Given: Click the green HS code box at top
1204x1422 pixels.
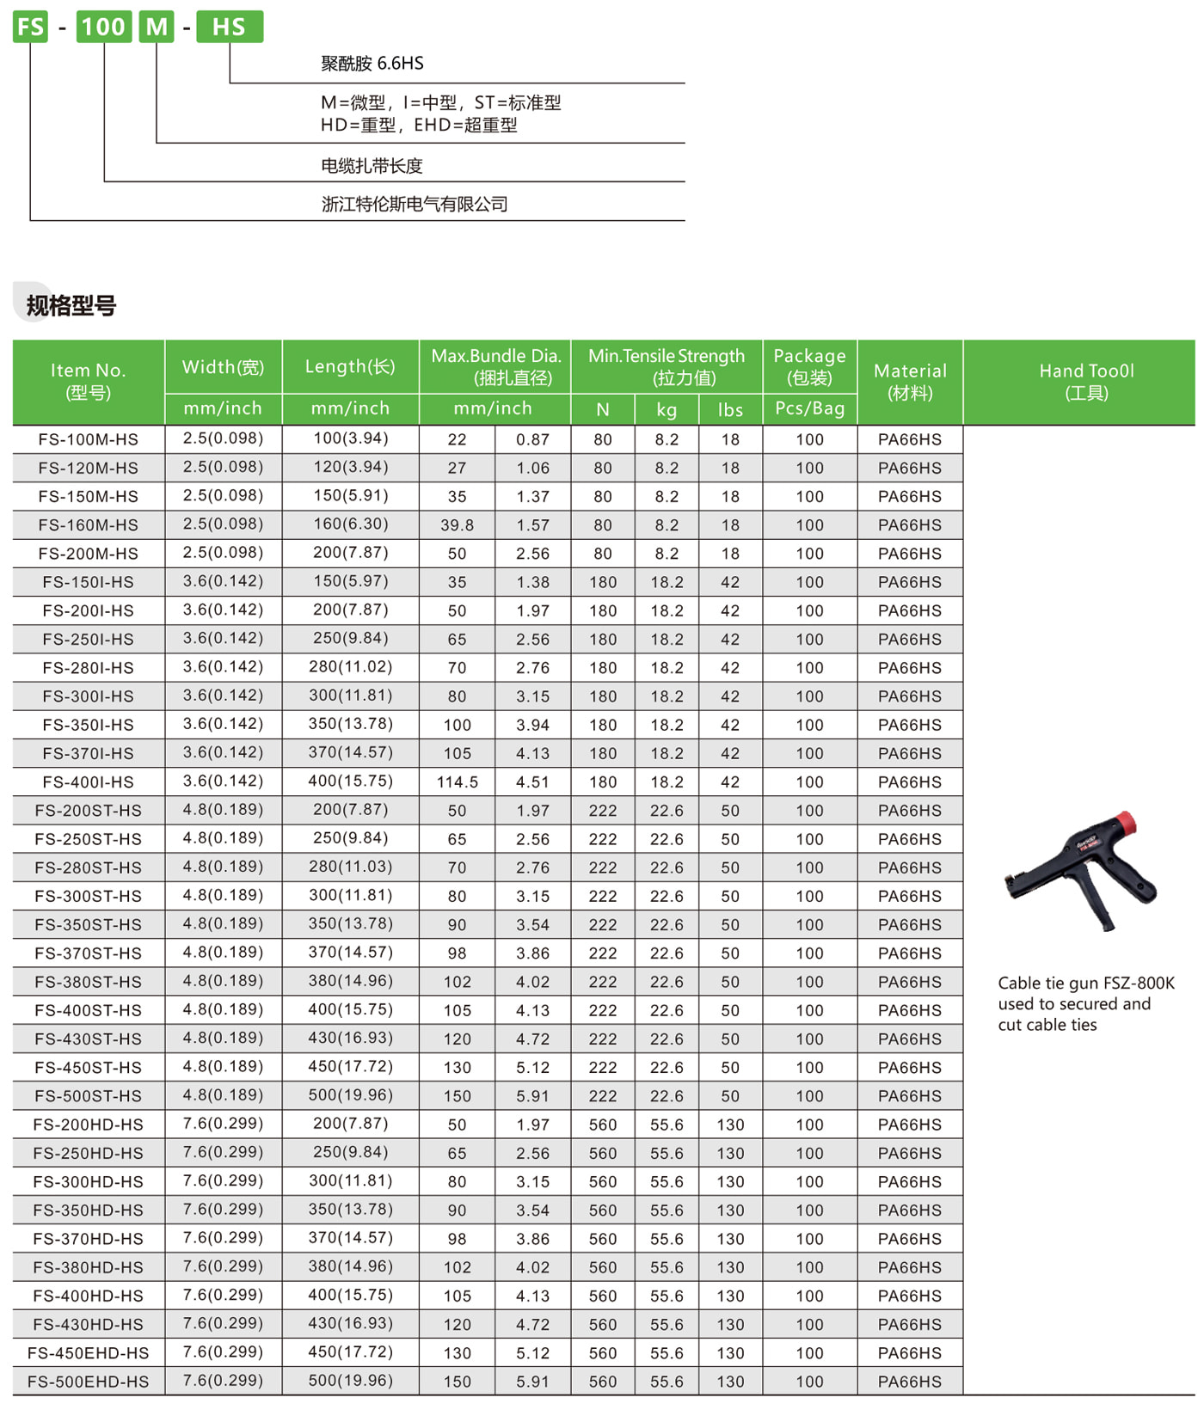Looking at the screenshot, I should point(229,27).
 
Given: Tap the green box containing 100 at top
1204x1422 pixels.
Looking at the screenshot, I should point(103,27).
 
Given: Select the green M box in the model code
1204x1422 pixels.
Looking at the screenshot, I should point(157,27).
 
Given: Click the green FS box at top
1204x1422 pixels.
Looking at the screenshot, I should point(30,27).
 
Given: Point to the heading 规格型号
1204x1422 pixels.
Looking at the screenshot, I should point(71,305).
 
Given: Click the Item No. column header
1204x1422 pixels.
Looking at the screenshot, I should point(88,381).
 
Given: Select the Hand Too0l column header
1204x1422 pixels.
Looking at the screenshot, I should point(1086,381).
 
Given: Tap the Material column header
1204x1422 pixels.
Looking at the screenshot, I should point(910,381).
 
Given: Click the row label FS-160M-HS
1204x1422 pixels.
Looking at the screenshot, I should point(88,524).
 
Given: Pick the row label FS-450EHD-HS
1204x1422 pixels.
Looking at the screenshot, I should point(88,1352).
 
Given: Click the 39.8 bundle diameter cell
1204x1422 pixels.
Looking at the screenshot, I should point(457,524).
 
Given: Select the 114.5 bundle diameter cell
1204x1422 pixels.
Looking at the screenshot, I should point(457,781).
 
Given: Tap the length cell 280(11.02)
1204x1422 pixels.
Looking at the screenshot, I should point(350,667).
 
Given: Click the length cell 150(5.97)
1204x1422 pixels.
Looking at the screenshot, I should point(350,581).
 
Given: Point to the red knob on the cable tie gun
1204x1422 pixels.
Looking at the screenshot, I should point(1125,823).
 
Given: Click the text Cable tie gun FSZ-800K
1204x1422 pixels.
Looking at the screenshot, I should point(1085,983).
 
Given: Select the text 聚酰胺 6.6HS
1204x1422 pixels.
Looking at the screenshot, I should point(372,63).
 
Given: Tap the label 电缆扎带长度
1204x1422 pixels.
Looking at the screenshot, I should point(372,165).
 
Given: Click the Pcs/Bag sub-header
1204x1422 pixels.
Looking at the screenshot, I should point(809,408).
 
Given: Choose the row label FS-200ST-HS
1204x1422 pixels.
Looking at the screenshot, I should point(88,810).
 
